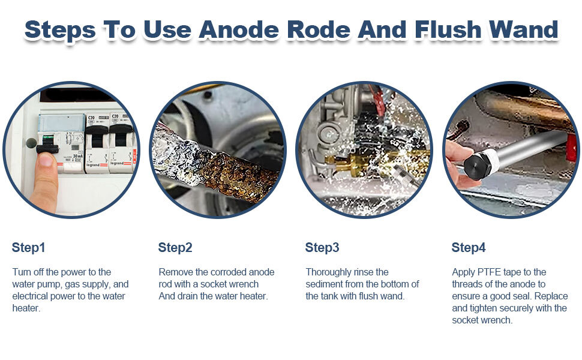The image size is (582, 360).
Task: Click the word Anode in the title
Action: pos(239,29)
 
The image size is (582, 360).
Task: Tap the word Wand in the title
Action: pos(524,29)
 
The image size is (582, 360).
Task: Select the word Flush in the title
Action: pos(448,29)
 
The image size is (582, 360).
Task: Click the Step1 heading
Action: pos(29,248)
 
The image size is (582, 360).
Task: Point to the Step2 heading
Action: pos(175,248)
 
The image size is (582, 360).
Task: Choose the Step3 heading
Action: pos(322,248)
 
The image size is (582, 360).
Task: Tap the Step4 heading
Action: pos(469,248)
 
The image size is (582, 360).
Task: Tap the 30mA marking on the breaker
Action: pos(77,156)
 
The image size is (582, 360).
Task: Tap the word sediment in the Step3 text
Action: pos(324,284)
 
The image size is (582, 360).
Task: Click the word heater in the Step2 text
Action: pos(254,296)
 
